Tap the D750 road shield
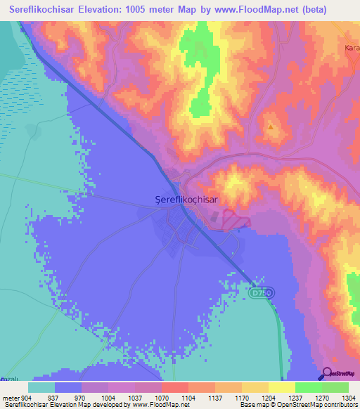pos(260,292)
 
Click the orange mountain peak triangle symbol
pos(271,127)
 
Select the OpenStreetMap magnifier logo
pos(327,373)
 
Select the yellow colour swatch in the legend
pos(281,387)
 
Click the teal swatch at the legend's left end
pos(41,387)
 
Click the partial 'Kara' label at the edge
pos(352,48)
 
